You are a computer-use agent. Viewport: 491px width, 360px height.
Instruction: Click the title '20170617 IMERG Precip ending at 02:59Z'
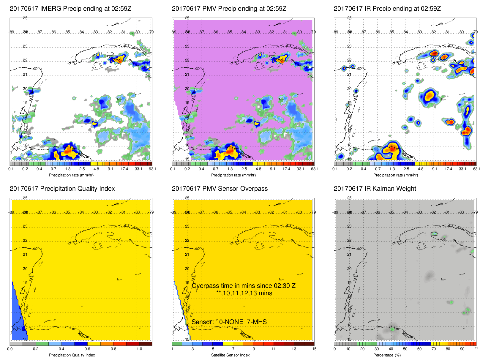tap(70, 9)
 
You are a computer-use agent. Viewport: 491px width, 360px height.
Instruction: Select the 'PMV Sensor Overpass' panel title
tap(220, 189)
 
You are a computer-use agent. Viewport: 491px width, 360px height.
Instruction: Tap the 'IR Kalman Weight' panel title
tap(375, 189)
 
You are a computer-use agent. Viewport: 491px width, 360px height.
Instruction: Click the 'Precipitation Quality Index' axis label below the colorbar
tap(72, 355)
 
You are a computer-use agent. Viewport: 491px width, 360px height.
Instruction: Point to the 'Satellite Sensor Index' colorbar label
tap(230, 355)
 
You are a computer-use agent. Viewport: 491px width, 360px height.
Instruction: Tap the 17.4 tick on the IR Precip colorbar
tap(448, 169)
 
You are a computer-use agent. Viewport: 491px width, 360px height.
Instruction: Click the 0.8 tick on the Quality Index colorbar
tap(113, 349)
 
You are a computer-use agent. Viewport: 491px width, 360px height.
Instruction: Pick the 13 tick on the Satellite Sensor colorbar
tap(294, 349)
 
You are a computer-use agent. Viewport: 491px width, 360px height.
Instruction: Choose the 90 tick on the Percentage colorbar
tap(462, 349)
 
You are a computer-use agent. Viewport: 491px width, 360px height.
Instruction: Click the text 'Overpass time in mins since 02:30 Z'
tap(243, 286)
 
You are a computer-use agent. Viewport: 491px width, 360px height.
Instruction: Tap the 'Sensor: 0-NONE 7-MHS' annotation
tap(229, 322)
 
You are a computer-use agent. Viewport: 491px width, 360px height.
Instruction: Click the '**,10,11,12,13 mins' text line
tap(244, 293)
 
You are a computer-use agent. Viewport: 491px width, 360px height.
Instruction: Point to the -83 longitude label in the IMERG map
tap(95, 32)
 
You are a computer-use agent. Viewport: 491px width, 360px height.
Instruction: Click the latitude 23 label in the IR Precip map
tap(349, 46)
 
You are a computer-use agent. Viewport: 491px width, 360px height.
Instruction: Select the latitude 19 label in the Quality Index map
tap(25, 283)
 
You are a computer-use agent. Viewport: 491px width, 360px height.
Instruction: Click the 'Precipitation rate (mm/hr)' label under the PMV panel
tap(233, 175)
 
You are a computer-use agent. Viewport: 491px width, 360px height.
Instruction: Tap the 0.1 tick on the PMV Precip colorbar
tap(173, 169)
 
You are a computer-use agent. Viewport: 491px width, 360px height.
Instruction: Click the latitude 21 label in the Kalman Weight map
tap(349, 255)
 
